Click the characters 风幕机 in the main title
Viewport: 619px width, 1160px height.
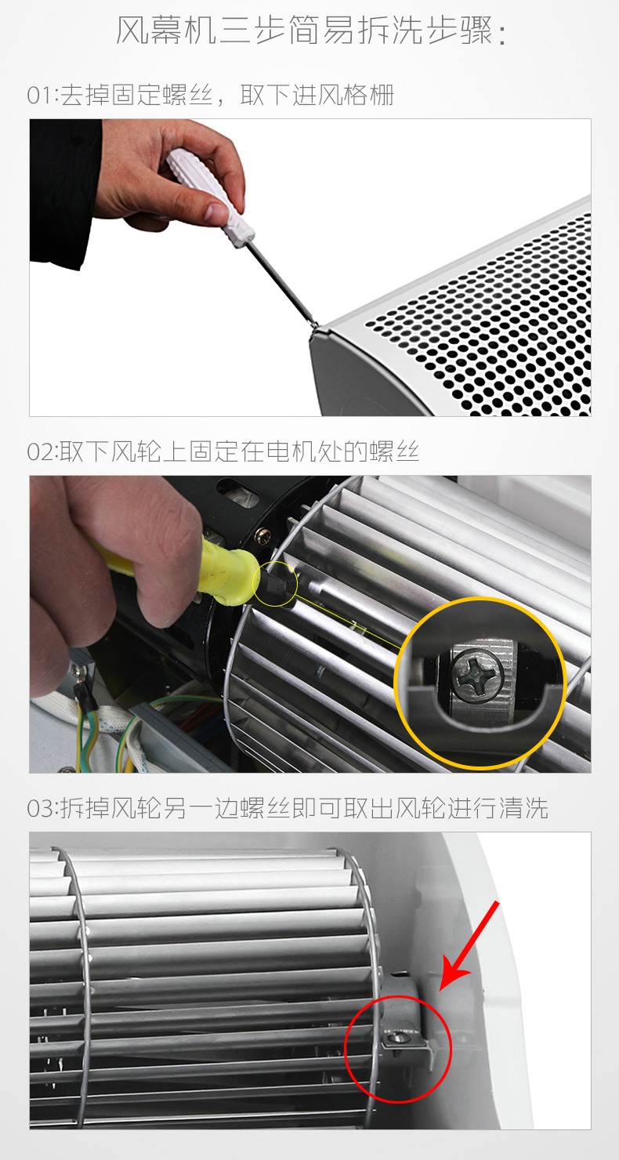tap(165, 31)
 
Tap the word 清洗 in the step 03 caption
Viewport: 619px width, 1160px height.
tap(523, 808)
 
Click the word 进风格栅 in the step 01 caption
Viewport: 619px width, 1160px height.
tap(343, 96)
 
